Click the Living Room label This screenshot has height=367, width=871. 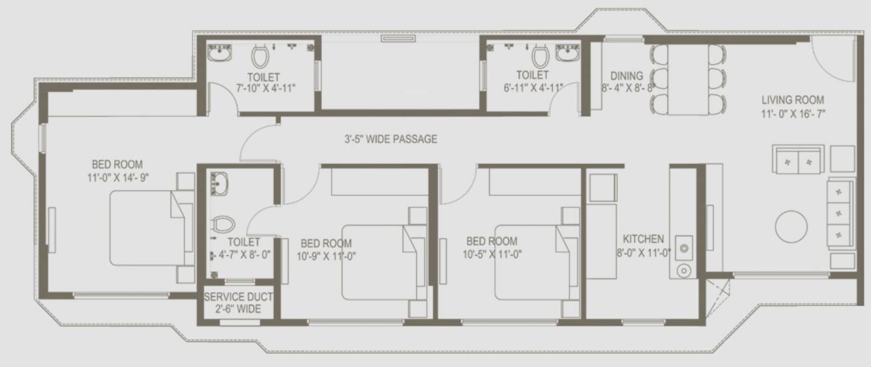[793, 100]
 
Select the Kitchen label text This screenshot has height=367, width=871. [643, 239]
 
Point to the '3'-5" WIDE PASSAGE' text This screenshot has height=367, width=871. [391, 139]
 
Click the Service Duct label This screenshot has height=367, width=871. [238, 297]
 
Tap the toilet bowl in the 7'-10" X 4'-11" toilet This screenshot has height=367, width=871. [260, 56]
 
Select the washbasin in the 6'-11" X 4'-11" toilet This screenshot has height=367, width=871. [568, 53]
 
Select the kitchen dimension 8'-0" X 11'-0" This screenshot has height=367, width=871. [643, 254]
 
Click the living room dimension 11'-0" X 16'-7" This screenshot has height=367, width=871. [793, 115]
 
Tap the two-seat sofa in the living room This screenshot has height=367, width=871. [798, 159]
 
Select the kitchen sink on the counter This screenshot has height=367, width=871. [684, 248]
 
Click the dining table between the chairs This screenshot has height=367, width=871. [688, 80]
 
